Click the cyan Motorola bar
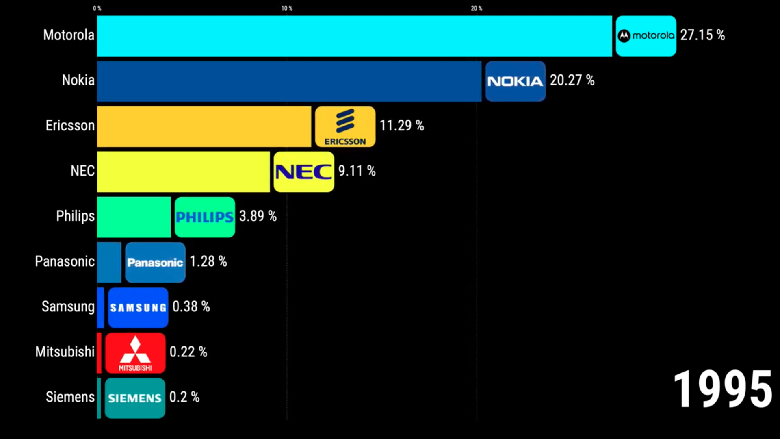[354, 36]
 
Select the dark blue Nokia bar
[289, 81]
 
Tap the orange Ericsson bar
[204, 126]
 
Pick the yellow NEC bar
[183, 172]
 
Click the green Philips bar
[134, 217]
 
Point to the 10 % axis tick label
[287, 8]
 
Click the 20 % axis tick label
[477, 8]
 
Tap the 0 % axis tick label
[97, 8]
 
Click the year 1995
[722, 389]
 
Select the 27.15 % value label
[702, 35]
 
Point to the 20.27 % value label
[572, 80]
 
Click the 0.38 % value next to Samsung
[191, 307]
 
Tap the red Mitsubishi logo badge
[135, 353]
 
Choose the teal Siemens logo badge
[135, 398]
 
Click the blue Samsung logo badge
[138, 308]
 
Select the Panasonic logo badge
[155, 263]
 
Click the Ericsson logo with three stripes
[345, 126]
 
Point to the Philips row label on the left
[75, 216]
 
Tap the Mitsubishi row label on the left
[65, 352]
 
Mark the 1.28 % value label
[208, 261]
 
